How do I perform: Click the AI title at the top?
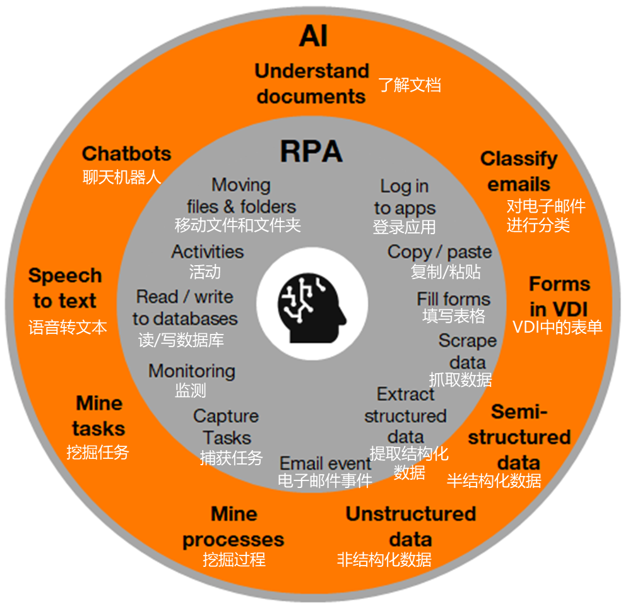[313, 37]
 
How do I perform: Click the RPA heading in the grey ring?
[311, 151]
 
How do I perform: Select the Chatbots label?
[126, 153]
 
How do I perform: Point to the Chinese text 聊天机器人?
[122, 177]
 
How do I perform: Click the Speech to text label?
[65, 288]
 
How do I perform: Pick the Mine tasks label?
[99, 415]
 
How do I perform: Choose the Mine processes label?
[234, 527]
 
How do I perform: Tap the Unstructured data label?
[410, 526]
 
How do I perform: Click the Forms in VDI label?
[559, 296]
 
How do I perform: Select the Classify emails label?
[519, 171]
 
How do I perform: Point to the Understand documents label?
[312, 83]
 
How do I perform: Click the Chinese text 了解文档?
[410, 85]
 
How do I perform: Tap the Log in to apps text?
[405, 197]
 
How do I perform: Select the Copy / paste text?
[439, 251]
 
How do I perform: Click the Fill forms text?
[453, 299]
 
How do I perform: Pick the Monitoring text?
[192, 371]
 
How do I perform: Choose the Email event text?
[325, 463]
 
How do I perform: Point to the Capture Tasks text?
[227, 427]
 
